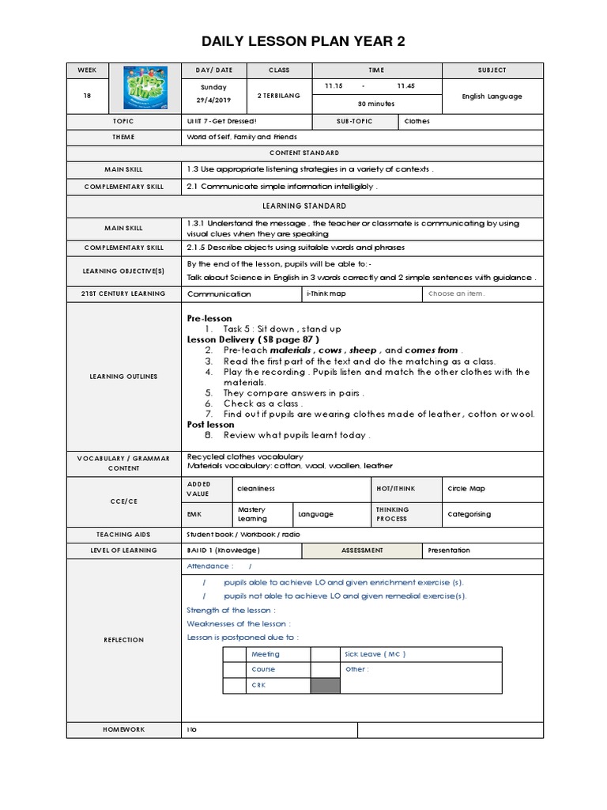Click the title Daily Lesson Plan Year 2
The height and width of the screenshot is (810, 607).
[x=303, y=41]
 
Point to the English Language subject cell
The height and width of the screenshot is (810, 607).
[x=492, y=97]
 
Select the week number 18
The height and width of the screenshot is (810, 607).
[x=87, y=97]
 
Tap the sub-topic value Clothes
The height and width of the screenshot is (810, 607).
[x=417, y=122]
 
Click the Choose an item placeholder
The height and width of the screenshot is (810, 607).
[x=456, y=293]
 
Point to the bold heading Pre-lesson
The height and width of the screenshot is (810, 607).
[x=209, y=318]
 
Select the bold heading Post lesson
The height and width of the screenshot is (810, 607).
[x=210, y=425]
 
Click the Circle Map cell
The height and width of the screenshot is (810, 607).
[x=466, y=489]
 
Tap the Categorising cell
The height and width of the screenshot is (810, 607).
[x=469, y=514]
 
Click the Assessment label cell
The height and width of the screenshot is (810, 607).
[x=362, y=551]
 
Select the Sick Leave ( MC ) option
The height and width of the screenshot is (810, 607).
[x=375, y=654]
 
